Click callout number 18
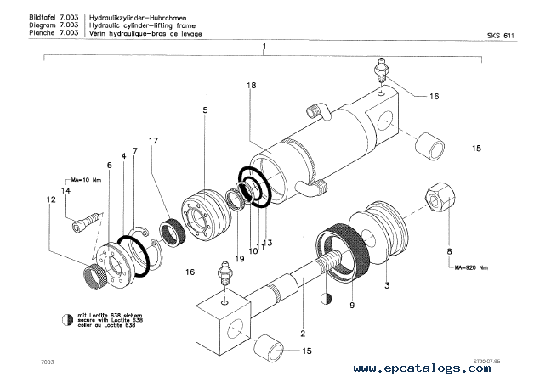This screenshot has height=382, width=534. [251, 87]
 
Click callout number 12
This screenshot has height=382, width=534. [53, 199]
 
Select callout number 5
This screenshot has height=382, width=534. [205, 110]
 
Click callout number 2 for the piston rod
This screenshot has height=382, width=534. [301, 320]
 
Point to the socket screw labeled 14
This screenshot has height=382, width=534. [85, 225]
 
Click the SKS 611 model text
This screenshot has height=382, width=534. [501, 34]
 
